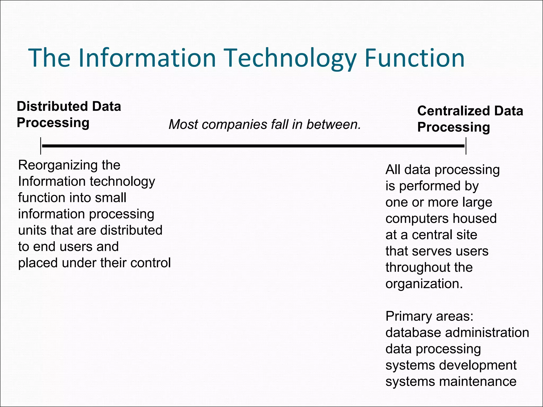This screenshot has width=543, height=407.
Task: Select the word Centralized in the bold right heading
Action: (x=454, y=111)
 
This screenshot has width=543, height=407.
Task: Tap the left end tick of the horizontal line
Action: (x=41, y=146)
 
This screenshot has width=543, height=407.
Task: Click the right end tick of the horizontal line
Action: (x=466, y=146)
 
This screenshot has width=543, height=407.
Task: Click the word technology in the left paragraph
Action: (x=122, y=182)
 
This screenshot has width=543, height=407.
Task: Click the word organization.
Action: (x=424, y=284)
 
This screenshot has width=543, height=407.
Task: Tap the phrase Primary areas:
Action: (x=429, y=316)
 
